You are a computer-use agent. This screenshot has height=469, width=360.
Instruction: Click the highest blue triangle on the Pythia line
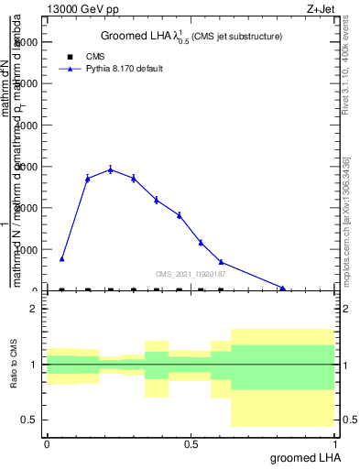click(x=111, y=169)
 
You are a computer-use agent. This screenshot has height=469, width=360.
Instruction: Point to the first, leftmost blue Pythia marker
click(x=61, y=259)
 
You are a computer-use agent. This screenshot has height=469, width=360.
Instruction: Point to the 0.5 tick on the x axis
click(x=191, y=443)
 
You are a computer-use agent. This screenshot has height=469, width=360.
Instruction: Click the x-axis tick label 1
click(x=335, y=443)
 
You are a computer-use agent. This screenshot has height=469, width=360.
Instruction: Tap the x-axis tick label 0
click(x=47, y=443)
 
